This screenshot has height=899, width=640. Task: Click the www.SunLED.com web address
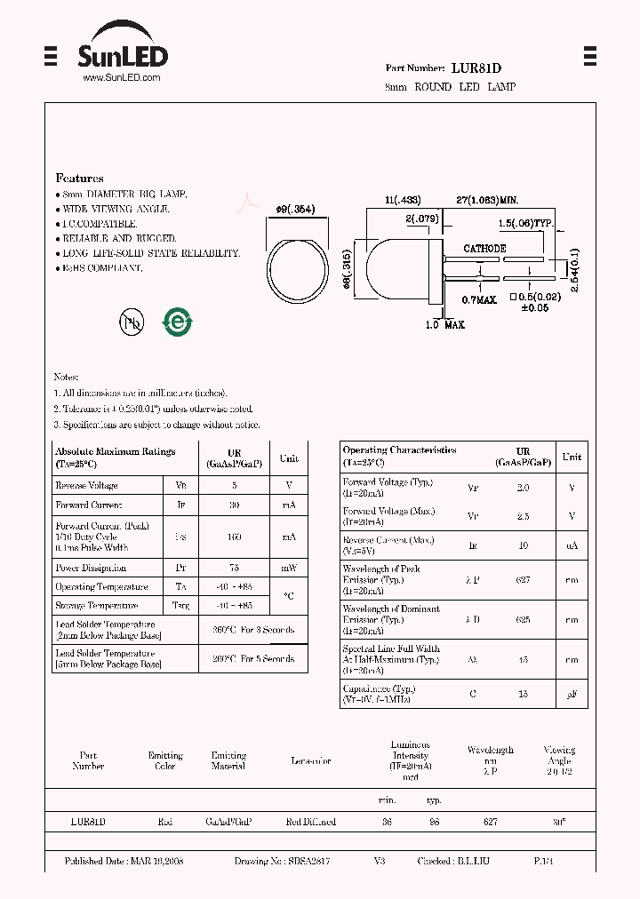(121, 78)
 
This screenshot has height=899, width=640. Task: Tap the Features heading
(79, 179)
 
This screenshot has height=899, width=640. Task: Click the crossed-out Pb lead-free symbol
(132, 322)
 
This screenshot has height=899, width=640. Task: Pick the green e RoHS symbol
(177, 322)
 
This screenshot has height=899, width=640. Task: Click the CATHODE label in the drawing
(484, 249)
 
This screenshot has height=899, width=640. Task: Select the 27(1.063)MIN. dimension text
(486, 201)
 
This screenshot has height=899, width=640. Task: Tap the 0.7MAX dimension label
(479, 300)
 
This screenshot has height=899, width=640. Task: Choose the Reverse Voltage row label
(86, 486)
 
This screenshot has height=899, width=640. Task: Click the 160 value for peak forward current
(234, 537)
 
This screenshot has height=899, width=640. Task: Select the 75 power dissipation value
(234, 568)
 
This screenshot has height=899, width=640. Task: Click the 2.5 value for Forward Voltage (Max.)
(523, 516)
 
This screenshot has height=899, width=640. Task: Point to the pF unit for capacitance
(572, 694)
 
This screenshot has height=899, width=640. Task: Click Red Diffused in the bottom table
(311, 822)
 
